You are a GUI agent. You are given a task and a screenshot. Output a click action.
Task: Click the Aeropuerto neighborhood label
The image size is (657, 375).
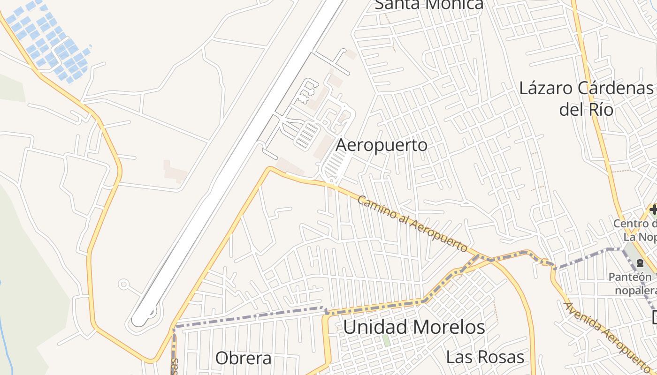coord(382,145)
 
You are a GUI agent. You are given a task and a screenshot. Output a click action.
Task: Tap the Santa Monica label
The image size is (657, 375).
coord(429,5)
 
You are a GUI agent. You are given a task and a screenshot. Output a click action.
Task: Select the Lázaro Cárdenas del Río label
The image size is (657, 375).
coord(586,98)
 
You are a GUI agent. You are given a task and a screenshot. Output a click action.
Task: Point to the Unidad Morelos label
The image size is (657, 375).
coord(414,327)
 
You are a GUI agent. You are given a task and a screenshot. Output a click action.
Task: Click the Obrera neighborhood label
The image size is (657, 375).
coord(243,359)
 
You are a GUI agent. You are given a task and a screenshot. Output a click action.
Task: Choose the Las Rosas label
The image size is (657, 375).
coord(485,357)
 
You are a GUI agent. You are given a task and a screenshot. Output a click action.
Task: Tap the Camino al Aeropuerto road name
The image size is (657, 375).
coord(413,224)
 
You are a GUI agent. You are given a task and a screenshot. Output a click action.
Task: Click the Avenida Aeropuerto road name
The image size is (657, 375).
coord(608,335)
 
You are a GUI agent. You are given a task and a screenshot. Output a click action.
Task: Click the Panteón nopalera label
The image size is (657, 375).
coord(634,284)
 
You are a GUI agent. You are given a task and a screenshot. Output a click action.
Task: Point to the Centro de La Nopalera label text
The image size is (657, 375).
coord(636,230)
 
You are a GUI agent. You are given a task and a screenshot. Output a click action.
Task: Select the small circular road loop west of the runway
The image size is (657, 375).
coord(124,284)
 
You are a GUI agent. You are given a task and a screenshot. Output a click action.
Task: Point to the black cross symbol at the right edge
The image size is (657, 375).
coord(653,209)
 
